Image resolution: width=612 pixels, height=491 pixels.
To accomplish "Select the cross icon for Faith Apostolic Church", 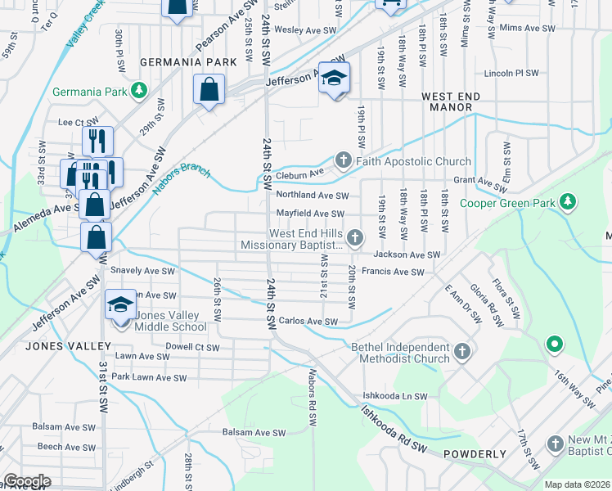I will [344, 160].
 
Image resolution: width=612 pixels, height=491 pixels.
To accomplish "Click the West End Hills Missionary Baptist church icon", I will [354, 238].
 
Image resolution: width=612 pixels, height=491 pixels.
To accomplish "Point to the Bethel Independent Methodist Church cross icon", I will [462, 352].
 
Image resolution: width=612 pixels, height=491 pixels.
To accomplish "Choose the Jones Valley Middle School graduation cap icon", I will [120, 305].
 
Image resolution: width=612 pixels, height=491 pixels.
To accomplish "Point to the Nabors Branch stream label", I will [182, 181].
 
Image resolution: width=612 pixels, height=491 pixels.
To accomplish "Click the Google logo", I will [26, 480].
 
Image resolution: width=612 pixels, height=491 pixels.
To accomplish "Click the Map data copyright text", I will [577, 484].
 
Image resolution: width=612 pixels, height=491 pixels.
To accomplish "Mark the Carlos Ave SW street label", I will [308, 322].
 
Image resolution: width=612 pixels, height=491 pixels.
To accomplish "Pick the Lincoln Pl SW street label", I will [511, 73].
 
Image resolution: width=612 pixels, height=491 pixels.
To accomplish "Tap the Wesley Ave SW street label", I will [304, 29].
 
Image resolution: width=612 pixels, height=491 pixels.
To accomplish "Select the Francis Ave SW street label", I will [393, 272].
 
